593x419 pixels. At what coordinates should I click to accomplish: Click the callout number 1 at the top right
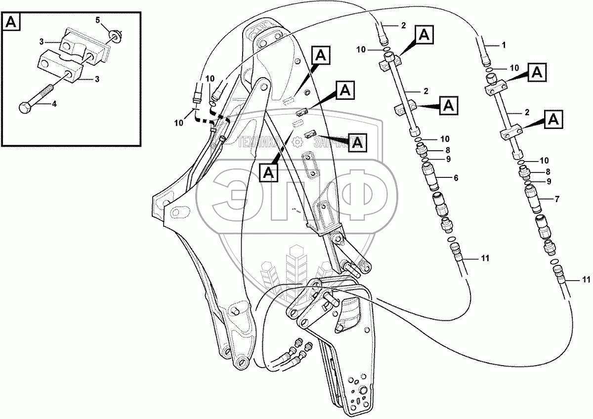[x=504, y=45]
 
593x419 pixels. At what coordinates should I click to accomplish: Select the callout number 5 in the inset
[x=97, y=20]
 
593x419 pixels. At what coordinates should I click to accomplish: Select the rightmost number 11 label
[x=586, y=280]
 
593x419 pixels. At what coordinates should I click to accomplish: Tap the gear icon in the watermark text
[x=297, y=143]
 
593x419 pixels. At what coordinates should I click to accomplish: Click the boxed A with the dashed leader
[x=268, y=172]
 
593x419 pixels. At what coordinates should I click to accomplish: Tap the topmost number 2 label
[x=403, y=25]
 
